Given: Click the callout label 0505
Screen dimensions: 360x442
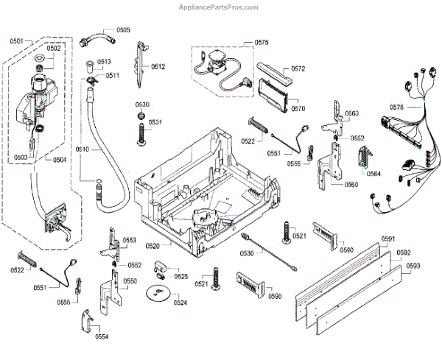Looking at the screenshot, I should click(122, 30).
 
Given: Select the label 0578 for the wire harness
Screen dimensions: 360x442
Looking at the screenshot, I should click(396, 107).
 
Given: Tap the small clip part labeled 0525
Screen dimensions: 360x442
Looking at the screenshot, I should click(162, 266).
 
